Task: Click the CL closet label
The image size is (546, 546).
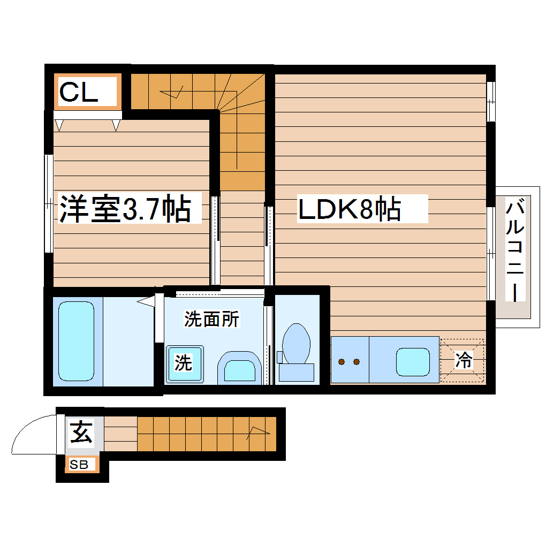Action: pos(79,92)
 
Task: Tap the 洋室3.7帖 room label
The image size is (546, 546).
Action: pos(125,209)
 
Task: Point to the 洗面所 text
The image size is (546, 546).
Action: pos(212,320)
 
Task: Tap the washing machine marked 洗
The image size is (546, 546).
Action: pos(184,363)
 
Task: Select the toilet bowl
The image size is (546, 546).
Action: pos(296,343)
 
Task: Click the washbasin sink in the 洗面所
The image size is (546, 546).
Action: pos(239,369)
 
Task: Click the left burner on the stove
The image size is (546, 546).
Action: pos(341,362)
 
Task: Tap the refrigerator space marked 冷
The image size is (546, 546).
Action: pos(463,360)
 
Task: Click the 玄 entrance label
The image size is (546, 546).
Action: pos(81,433)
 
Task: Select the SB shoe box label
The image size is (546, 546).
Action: pos(79,465)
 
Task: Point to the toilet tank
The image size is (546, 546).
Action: pos(296,372)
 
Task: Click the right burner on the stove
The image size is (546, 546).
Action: pos(356,362)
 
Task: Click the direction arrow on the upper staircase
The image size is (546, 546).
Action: pos(177,93)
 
